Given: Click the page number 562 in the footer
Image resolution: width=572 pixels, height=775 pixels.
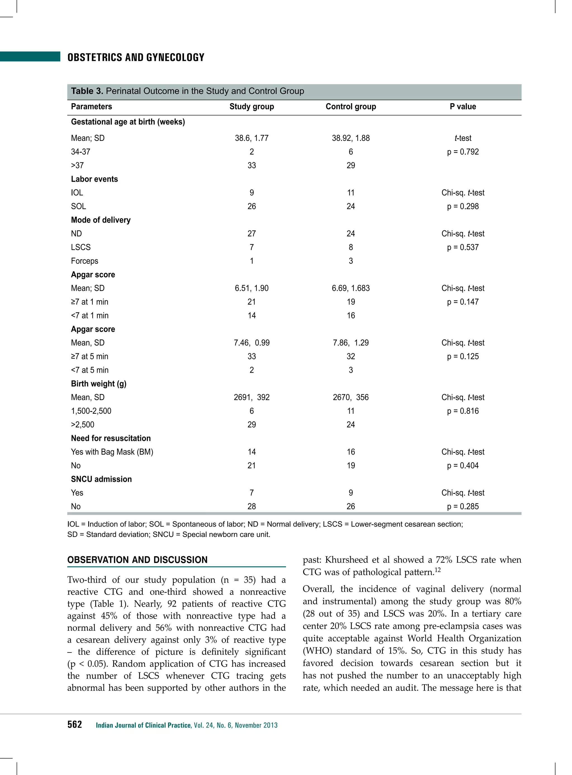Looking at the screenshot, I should [75, 724].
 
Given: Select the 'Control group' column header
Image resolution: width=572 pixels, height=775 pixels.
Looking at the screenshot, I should [351, 107].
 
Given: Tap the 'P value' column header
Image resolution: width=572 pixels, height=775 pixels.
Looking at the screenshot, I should [463, 107].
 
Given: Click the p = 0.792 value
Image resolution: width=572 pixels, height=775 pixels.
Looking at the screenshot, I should [463, 152].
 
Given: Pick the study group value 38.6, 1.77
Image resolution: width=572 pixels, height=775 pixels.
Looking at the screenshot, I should [252, 138].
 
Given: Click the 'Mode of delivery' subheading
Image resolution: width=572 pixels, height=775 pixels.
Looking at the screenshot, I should [101, 220].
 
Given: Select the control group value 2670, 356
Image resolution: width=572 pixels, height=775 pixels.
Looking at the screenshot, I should [351, 397].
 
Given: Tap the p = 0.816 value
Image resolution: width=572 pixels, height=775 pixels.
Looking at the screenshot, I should [463, 411].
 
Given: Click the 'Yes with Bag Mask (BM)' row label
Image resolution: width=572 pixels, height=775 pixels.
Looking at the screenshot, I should [112, 452].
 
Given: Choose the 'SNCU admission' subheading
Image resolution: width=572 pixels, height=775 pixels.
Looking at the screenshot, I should [101, 479].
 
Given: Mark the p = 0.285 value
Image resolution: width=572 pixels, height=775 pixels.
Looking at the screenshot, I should [463, 506].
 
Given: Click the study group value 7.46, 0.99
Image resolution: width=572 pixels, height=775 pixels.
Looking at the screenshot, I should [252, 343].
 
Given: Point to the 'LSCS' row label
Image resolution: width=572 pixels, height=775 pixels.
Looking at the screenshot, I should [81, 247].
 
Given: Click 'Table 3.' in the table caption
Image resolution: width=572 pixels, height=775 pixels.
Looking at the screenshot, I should [87, 91].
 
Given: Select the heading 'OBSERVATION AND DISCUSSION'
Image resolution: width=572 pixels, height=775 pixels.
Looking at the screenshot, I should [137, 560].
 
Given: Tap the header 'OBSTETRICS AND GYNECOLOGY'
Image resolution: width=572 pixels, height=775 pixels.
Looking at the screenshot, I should [136, 58].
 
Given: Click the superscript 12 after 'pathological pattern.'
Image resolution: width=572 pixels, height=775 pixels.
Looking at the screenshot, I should [438, 570].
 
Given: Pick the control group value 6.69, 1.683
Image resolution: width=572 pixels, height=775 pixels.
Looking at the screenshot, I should [351, 288].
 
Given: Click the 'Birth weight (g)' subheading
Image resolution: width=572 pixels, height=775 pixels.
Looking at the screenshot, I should [99, 383].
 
